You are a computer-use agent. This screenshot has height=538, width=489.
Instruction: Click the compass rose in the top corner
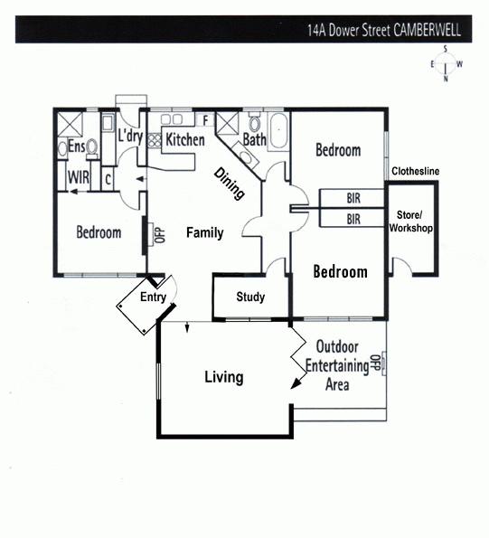tap(446, 64)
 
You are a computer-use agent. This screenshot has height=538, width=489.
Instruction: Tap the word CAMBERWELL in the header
tap(427, 30)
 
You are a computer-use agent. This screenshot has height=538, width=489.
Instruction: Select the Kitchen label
tap(185, 139)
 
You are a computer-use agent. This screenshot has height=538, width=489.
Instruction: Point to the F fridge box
tap(205, 120)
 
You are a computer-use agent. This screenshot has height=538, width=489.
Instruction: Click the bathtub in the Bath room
tap(278, 131)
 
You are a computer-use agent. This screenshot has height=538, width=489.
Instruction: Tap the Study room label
tap(250, 297)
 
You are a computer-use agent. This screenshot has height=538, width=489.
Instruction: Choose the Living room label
tap(224, 377)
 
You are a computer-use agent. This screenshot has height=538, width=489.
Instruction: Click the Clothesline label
tap(415, 171)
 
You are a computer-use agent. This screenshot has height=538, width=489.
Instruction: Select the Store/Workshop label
tap(411, 222)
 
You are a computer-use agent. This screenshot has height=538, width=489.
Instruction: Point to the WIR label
tap(79, 177)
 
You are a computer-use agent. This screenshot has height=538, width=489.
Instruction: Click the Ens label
tap(77, 146)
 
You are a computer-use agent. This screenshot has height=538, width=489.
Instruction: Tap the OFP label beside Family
tap(161, 235)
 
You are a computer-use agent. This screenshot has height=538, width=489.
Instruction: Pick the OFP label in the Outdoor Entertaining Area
tap(374, 363)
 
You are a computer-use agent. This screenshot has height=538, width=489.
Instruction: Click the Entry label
tap(153, 297)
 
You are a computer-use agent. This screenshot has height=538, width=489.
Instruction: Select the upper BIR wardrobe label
tap(353, 198)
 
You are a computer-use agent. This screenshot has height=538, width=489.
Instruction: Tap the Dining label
tap(229, 184)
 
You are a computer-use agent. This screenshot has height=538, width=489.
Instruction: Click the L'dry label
tap(130, 136)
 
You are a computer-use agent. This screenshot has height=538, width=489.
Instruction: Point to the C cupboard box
tap(108, 179)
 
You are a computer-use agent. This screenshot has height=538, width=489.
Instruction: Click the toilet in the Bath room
tap(254, 122)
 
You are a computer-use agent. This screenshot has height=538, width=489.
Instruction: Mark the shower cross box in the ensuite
tap(70, 123)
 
